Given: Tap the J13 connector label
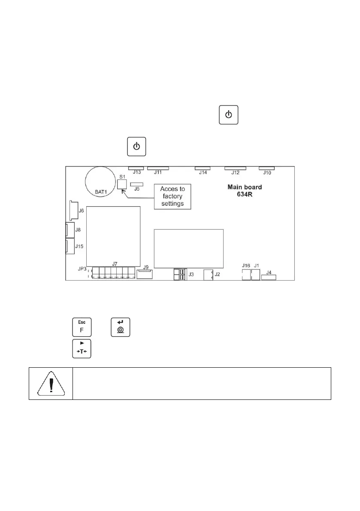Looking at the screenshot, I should tap(136, 173).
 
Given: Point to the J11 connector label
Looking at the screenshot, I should tap(157, 173).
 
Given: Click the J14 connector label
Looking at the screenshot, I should tap(203, 173).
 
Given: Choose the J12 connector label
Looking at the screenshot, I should tap(235, 173).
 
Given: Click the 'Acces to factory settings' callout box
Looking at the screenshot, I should tap(172, 196).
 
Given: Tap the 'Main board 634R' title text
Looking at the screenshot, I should tap(244, 191).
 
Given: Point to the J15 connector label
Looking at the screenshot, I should tap(79, 246).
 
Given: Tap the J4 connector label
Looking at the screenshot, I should tap(269, 272).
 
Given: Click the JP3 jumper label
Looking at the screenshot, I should tap(82, 269).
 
